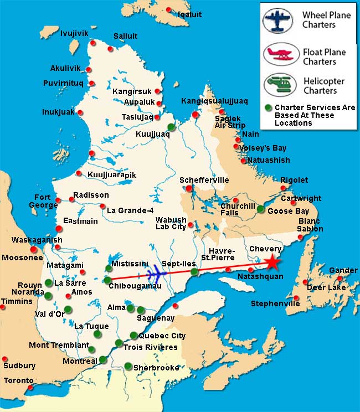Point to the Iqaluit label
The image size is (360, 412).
point(190,15)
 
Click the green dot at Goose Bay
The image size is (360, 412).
point(260,209)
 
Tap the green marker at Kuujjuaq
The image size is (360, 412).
point(171,127)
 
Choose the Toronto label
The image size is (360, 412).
point(18,381)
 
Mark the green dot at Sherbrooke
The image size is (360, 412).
point(128,365)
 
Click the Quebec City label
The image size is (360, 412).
point(162,336)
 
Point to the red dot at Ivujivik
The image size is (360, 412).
point(93,43)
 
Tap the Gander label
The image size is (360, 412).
point(343,270)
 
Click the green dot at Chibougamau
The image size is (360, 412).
point(107,280)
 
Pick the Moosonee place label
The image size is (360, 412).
point(19,257)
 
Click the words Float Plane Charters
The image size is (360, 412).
point(324,56)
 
